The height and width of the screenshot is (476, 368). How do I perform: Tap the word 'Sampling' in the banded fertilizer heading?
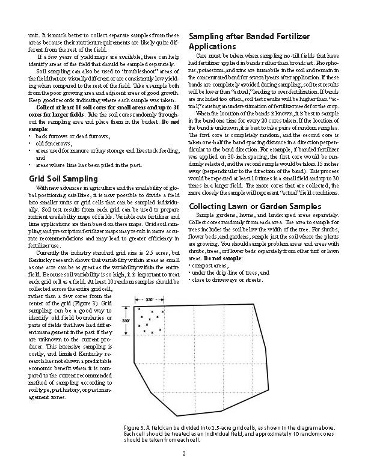(x=209, y=37)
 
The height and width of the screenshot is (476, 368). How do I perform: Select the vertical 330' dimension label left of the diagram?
(x=126, y=321)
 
